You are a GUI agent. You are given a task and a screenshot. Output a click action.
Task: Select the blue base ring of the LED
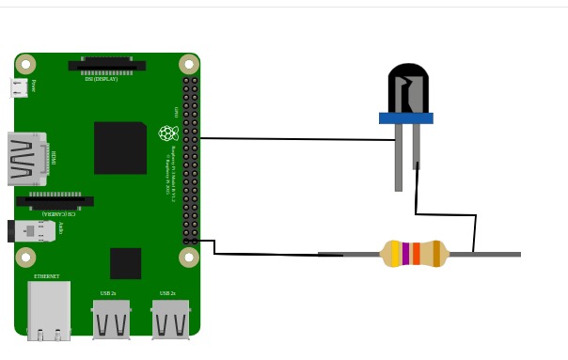pos(405,118)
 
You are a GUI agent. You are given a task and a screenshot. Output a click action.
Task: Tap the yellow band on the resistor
pos(395,254)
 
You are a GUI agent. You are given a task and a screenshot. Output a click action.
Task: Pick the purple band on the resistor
pos(405,254)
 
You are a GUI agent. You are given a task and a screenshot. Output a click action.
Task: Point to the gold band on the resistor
pos(436,254)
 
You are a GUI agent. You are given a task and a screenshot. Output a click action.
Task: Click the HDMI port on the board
pos(27,159)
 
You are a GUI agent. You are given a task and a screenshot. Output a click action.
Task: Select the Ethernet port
pos(49,310)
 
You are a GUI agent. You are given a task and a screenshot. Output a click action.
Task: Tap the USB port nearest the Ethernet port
pos(111,320)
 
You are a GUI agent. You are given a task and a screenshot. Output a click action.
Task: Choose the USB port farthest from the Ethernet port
pos(170,320)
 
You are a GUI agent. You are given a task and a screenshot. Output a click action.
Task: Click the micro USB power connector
pos(19,87)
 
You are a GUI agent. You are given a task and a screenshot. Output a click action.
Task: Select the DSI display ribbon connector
pos(106,66)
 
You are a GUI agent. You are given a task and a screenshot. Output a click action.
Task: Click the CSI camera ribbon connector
pos(55,201)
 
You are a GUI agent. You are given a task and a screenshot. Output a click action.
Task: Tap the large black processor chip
pos(120,148)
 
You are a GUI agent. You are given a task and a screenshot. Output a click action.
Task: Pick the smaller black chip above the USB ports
pos(125,263)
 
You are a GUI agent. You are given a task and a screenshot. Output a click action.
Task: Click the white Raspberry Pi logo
pos(168,133)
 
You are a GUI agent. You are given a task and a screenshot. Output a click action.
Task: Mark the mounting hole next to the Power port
pos(25,65)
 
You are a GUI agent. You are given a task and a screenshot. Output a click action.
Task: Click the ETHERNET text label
pos(46,276)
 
